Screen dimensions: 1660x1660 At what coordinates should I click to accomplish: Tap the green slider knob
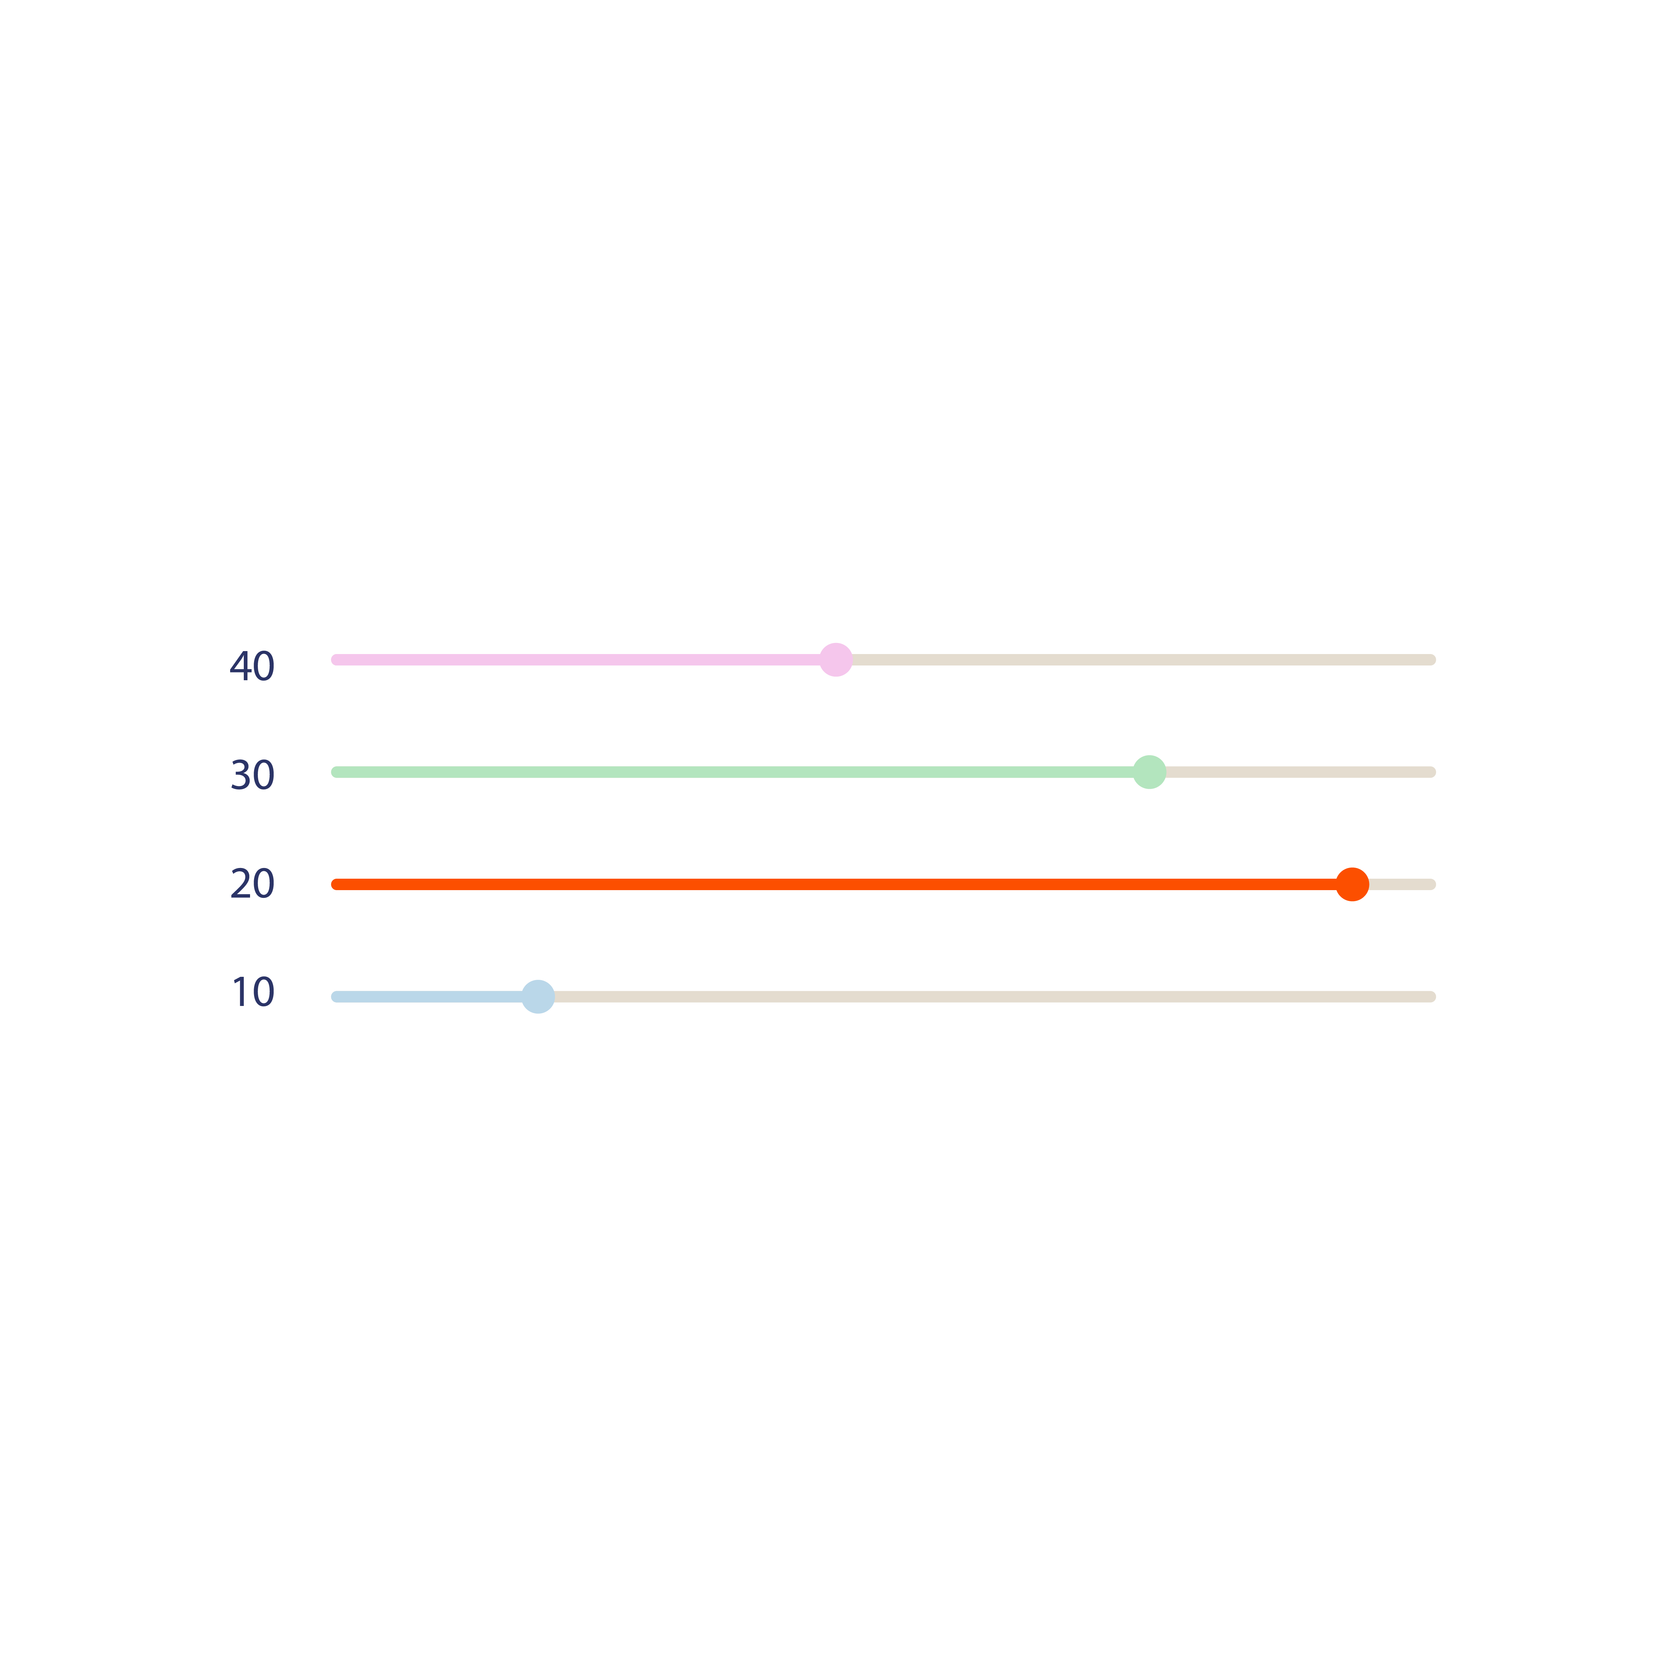[x=1150, y=772]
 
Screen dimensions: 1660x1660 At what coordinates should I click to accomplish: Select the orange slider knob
[x=1352, y=884]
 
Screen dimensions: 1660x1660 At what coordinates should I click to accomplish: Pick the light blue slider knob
[x=538, y=997]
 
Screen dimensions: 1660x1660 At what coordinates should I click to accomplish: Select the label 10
[x=253, y=992]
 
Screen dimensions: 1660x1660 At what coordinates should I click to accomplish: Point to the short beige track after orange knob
[x=1402, y=884]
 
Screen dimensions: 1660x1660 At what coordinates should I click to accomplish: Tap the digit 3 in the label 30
[x=240, y=775]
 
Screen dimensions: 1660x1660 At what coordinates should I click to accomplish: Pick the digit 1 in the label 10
[x=240, y=992]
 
